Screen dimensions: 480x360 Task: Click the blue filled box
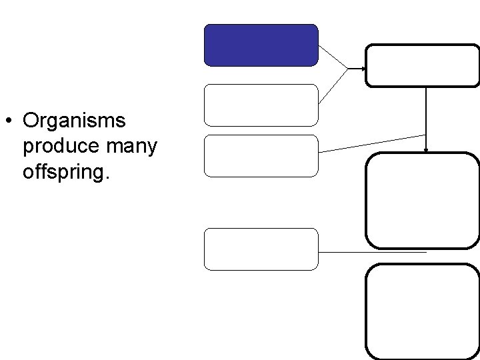point(261,45)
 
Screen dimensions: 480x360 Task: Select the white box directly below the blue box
point(261,105)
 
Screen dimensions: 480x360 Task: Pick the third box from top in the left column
point(261,155)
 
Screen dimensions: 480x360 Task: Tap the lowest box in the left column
point(261,249)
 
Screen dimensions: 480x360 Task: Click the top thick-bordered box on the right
point(423,65)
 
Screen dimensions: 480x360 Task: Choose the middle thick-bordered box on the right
point(423,200)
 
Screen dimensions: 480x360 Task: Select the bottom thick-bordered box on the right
point(423,311)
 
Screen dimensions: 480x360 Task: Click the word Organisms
point(73,121)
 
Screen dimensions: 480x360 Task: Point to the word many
point(131,147)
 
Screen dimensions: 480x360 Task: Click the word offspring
point(63,172)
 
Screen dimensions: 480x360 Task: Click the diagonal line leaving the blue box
point(333,57)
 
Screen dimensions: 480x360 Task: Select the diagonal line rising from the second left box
point(333,85)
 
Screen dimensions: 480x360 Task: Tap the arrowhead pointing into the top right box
point(363,69)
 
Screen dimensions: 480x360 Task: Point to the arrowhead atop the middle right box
point(426,151)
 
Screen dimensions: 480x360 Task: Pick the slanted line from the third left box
point(372,143)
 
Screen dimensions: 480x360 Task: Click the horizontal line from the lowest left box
point(372,252)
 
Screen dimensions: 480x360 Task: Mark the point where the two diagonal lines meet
point(348,69)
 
